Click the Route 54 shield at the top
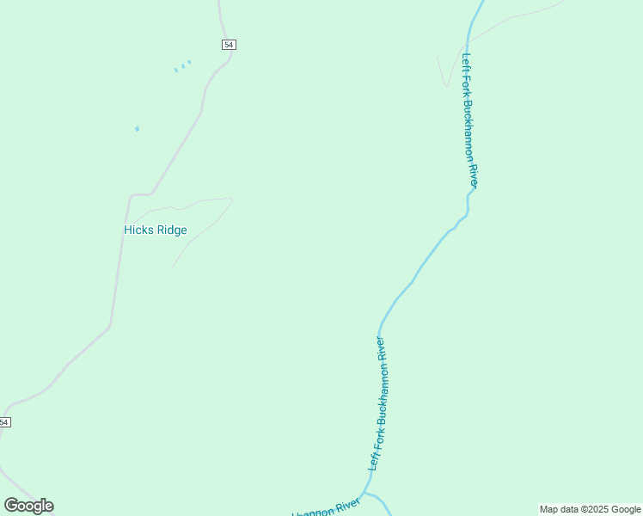coord(229,45)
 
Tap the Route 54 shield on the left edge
coord(4,422)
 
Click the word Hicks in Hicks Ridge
coord(138,230)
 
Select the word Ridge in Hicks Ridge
coord(172,230)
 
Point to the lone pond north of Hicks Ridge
coord(137,129)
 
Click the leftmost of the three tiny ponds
coord(176,70)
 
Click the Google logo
coord(28,506)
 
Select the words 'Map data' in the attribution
coord(560,510)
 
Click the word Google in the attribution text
coord(626,510)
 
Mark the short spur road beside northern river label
coord(443,73)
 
